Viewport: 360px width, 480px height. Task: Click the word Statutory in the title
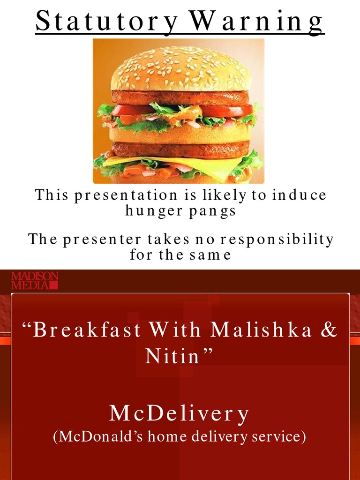[x=106, y=21]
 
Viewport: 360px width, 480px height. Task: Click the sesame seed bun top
[x=180, y=70]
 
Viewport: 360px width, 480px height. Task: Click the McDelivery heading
[x=180, y=414]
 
